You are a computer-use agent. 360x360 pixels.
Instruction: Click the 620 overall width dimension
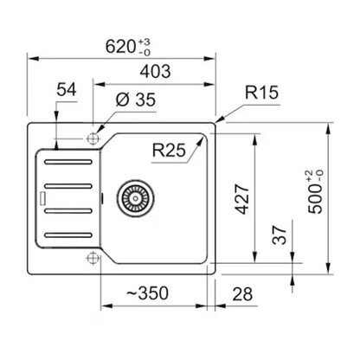point(120,47)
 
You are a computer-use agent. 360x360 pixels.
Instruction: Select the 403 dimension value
point(155,72)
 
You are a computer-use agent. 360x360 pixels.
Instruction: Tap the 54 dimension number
point(67,89)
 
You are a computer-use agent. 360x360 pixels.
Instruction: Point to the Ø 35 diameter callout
point(136,100)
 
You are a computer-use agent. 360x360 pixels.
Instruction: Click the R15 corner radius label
point(262,93)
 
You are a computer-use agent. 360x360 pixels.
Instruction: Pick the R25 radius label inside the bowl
point(169,151)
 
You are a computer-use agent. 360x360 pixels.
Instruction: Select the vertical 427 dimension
point(241,199)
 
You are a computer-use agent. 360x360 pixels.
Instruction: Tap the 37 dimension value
point(280,235)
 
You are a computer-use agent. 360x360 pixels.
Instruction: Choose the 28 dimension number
point(242,294)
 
